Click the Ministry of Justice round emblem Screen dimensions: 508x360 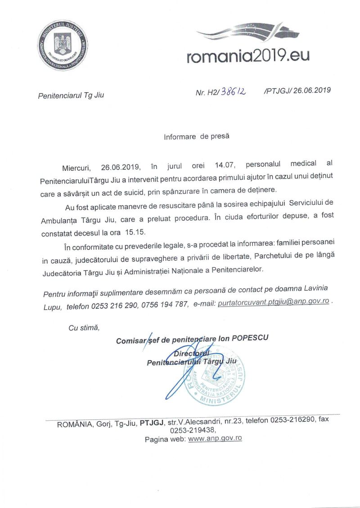62,45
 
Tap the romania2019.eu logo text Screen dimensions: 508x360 248,56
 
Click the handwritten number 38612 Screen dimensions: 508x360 234,92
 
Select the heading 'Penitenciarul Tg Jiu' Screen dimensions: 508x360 71,95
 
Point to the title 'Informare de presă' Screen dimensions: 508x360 197,136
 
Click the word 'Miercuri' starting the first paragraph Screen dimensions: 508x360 76,167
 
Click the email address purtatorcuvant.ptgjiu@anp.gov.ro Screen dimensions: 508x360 273,303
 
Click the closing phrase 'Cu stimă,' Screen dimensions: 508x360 84,327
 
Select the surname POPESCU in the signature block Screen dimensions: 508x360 250,338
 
